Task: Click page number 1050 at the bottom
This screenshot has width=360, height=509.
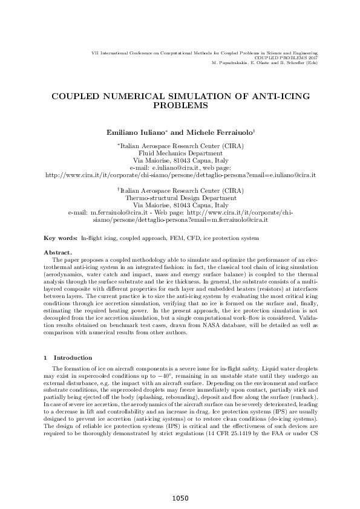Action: coord(180,498)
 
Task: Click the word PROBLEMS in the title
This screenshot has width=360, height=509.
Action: coord(180,105)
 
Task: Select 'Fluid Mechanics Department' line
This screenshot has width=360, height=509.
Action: coord(180,154)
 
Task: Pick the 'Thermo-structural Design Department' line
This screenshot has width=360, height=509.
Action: coord(180,198)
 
